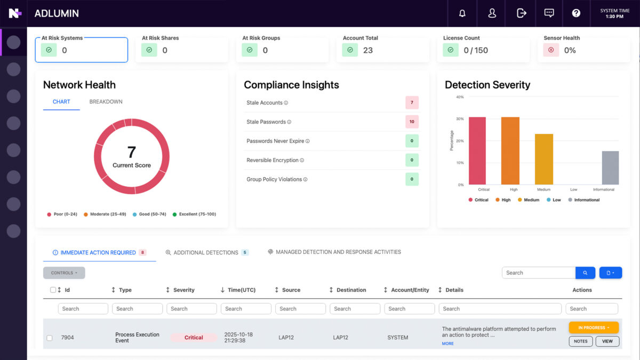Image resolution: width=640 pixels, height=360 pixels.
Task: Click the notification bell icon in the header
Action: point(462,13)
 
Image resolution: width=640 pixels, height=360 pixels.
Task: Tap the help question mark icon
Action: point(576,13)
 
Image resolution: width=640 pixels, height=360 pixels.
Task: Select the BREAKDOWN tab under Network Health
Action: point(106,102)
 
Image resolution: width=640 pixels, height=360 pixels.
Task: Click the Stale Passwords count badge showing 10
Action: point(412,122)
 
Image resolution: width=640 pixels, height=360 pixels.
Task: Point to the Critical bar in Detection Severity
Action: point(477,151)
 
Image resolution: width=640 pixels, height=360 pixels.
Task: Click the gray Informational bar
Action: point(610,167)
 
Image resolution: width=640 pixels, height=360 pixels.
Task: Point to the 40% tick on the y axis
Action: point(460,97)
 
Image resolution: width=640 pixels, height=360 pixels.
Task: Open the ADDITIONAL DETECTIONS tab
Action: point(206,253)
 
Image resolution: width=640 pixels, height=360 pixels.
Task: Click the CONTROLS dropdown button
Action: point(64,273)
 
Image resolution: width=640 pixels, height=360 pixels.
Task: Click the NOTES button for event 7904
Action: point(580,341)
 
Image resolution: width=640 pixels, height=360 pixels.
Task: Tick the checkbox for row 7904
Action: point(50,338)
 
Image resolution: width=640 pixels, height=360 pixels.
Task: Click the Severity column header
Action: point(183,290)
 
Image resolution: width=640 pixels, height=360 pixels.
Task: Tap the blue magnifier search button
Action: point(585,273)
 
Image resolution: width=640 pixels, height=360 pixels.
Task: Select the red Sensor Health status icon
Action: point(551,50)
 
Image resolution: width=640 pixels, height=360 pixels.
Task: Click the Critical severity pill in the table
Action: point(194,338)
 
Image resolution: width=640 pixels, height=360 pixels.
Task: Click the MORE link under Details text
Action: point(447,344)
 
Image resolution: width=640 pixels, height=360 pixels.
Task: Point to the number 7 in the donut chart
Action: point(131,152)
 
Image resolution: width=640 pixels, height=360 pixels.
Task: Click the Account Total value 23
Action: point(367,51)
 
